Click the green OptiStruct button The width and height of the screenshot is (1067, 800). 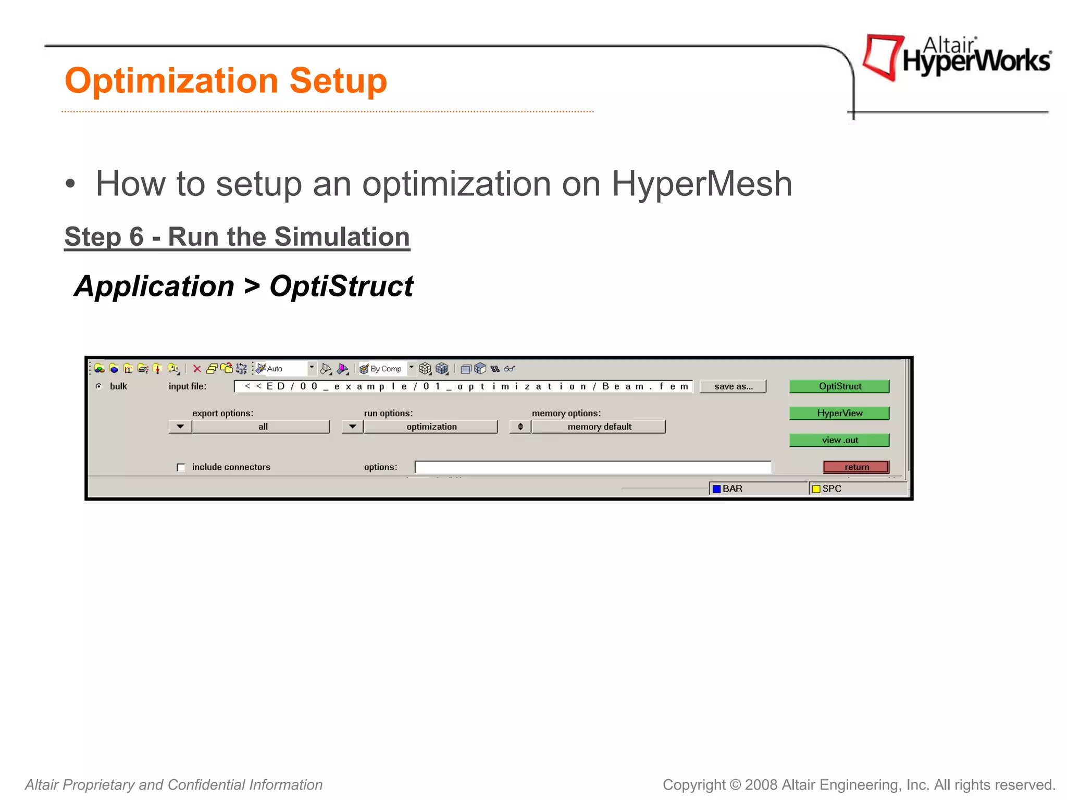839,386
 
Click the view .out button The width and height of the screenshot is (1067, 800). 839,440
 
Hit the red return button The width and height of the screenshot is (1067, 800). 856,467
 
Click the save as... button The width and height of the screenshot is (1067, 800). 733,386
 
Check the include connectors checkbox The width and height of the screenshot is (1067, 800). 181,467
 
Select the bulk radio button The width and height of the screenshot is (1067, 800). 99,386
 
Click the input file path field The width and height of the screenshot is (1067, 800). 464,386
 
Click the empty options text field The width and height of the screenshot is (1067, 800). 592,467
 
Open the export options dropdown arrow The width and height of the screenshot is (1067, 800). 180,427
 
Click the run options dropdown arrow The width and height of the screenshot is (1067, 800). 353,427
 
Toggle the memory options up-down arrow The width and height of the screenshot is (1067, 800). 520,427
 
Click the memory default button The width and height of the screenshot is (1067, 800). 599,427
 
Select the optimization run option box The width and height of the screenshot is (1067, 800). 431,427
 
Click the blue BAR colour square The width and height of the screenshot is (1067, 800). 716,489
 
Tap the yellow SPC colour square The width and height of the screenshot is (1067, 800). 816,489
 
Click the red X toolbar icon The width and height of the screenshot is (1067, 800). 197,369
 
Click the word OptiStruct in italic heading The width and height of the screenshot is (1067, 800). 341,286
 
